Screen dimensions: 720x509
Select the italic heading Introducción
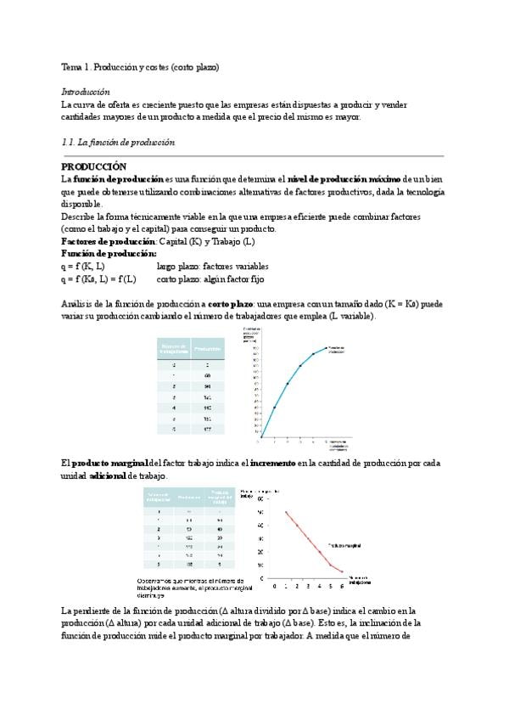(x=85, y=91)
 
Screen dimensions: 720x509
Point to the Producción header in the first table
(x=207, y=348)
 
